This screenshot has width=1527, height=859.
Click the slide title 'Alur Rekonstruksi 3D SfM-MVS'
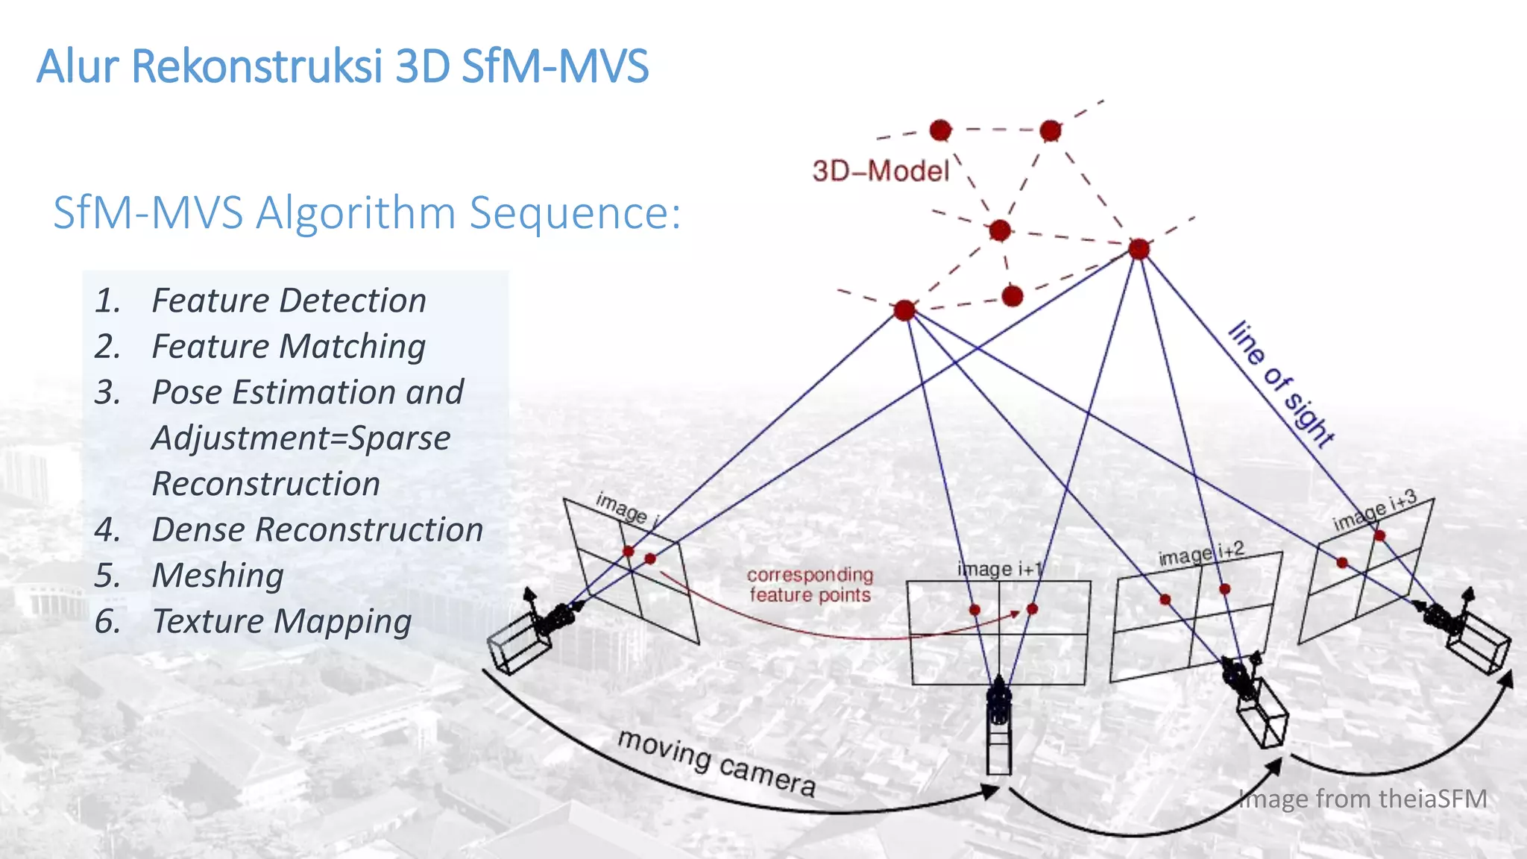(x=342, y=66)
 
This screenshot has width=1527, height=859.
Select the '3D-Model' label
(x=881, y=172)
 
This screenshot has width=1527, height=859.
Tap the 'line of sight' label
(x=1281, y=384)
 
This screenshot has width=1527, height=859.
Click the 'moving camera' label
(x=717, y=761)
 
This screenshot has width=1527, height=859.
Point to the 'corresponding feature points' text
(x=810, y=585)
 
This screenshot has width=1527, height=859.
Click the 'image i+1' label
(x=999, y=569)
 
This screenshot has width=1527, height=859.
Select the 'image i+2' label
(x=1200, y=554)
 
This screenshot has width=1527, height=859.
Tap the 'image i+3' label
(x=1373, y=511)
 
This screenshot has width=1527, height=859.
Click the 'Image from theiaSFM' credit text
(x=1362, y=799)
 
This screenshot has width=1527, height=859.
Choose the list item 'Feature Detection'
(x=289, y=301)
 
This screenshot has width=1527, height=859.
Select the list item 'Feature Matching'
(x=289, y=347)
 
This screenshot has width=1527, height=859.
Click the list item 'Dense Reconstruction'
(x=318, y=530)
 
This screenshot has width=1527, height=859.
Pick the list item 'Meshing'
(x=218, y=576)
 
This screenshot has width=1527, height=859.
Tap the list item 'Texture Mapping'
(x=282, y=622)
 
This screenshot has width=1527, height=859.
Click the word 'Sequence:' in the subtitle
(x=574, y=213)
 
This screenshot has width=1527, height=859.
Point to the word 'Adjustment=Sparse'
(x=301, y=438)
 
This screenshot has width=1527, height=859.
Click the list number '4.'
(x=107, y=530)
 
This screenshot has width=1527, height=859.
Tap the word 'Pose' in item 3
(x=186, y=392)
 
